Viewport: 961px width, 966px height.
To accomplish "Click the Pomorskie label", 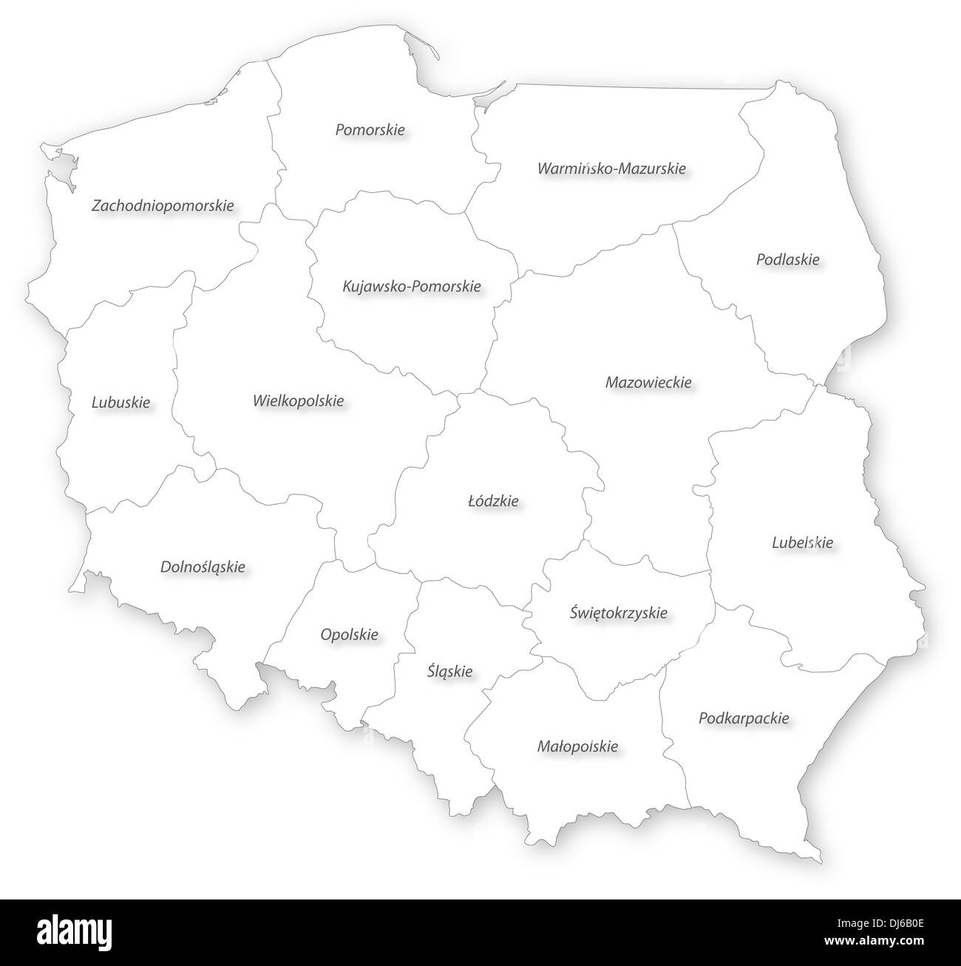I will click(370, 130).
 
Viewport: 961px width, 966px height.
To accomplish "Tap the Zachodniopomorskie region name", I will click(163, 205).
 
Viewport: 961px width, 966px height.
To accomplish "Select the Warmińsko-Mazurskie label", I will click(611, 168).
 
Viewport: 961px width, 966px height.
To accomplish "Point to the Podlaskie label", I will click(787, 259).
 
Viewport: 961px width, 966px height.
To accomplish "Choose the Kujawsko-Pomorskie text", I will click(412, 285).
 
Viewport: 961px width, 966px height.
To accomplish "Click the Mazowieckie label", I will click(648, 383).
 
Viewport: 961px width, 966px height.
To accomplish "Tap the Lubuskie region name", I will click(120, 402).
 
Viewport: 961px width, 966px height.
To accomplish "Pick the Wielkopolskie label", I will click(298, 401).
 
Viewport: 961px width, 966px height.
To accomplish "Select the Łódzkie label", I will click(493, 500).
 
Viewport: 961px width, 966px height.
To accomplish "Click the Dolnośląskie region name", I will click(203, 567).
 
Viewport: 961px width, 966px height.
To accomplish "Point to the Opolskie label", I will click(349, 634).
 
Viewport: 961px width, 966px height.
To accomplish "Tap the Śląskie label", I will click(449, 671).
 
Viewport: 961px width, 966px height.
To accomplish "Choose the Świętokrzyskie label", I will click(619, 612).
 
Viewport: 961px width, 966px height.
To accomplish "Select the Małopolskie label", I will click(577, 746).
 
